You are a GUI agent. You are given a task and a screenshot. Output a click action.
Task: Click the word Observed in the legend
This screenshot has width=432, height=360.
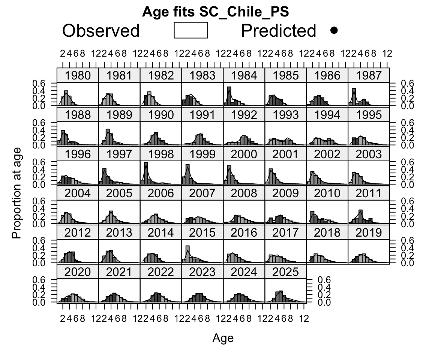click(x=101, y=31)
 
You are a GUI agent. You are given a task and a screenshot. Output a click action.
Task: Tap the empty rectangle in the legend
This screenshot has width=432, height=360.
click(x=191, y=30)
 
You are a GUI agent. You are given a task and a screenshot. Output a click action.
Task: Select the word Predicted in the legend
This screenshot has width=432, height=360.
click(x=278, y=31)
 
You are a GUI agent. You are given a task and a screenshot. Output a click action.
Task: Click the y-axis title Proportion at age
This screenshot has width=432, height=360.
click(x=16, y=192)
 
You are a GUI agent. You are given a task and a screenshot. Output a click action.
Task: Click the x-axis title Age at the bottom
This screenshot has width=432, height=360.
click(x=223, y=338)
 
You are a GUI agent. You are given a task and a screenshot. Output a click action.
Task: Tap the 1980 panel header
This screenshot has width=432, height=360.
click(x=78, y=75)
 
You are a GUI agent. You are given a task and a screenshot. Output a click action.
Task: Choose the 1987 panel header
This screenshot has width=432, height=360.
click(x=369, y=75)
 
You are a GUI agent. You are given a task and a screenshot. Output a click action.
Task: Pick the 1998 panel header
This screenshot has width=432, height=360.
click(x=161, y=154)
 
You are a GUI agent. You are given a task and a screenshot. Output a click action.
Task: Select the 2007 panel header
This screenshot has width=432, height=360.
click(x=202, y=193)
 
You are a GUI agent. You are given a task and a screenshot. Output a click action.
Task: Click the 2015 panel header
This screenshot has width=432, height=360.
click(x=202, y=232)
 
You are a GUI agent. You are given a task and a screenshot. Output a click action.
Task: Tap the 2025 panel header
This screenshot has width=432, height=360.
click(x=285, y=272)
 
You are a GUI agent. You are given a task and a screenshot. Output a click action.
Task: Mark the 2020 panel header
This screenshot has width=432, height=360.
click(x=78, y=272)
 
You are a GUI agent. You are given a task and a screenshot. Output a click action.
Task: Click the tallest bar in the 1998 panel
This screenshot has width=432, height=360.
click(x=146, y=173)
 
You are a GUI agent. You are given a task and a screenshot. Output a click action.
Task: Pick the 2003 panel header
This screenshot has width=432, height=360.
click(x=369, y=154)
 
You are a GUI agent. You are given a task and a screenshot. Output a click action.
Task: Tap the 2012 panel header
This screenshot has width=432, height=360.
click(x=78, y=232)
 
